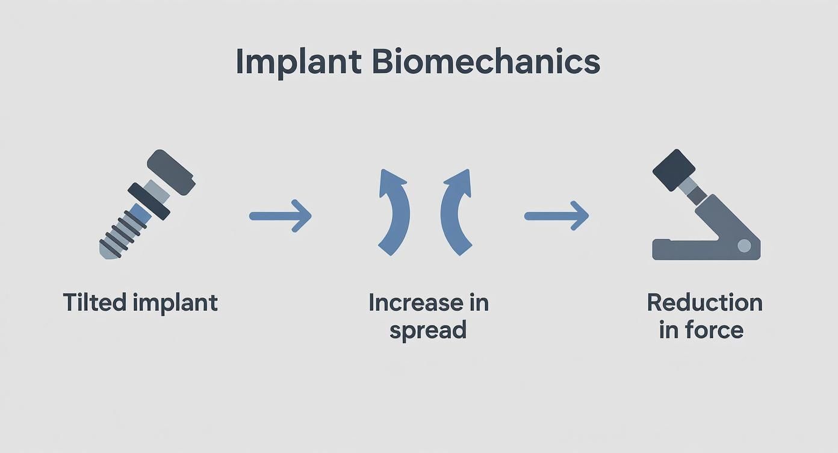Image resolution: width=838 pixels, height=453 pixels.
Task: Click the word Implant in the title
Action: click(x=299, y=63)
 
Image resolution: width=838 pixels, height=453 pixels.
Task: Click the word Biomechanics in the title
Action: click(x=486, y=63)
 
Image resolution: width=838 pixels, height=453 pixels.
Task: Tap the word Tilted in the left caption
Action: click(x=93, y=302)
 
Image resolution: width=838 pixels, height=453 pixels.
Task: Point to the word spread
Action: click(x=427, y=331)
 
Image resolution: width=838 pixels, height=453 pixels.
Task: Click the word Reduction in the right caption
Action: click(x=704, y=302)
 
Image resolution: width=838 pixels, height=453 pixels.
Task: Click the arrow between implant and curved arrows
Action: click(x=281, y=216)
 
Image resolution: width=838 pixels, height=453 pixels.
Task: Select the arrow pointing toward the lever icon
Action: click(x=556, y=216)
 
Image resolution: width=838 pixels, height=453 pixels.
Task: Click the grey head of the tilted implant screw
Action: click(x=171, y=172)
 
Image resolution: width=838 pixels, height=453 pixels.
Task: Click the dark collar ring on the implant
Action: click(x=148, y=201)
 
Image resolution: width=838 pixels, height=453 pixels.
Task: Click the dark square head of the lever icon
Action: click(x=674, y=170)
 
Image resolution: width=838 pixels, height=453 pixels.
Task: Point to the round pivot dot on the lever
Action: click(x=744, y=245)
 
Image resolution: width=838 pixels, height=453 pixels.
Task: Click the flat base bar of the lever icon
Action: click(x=680, y=249)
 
